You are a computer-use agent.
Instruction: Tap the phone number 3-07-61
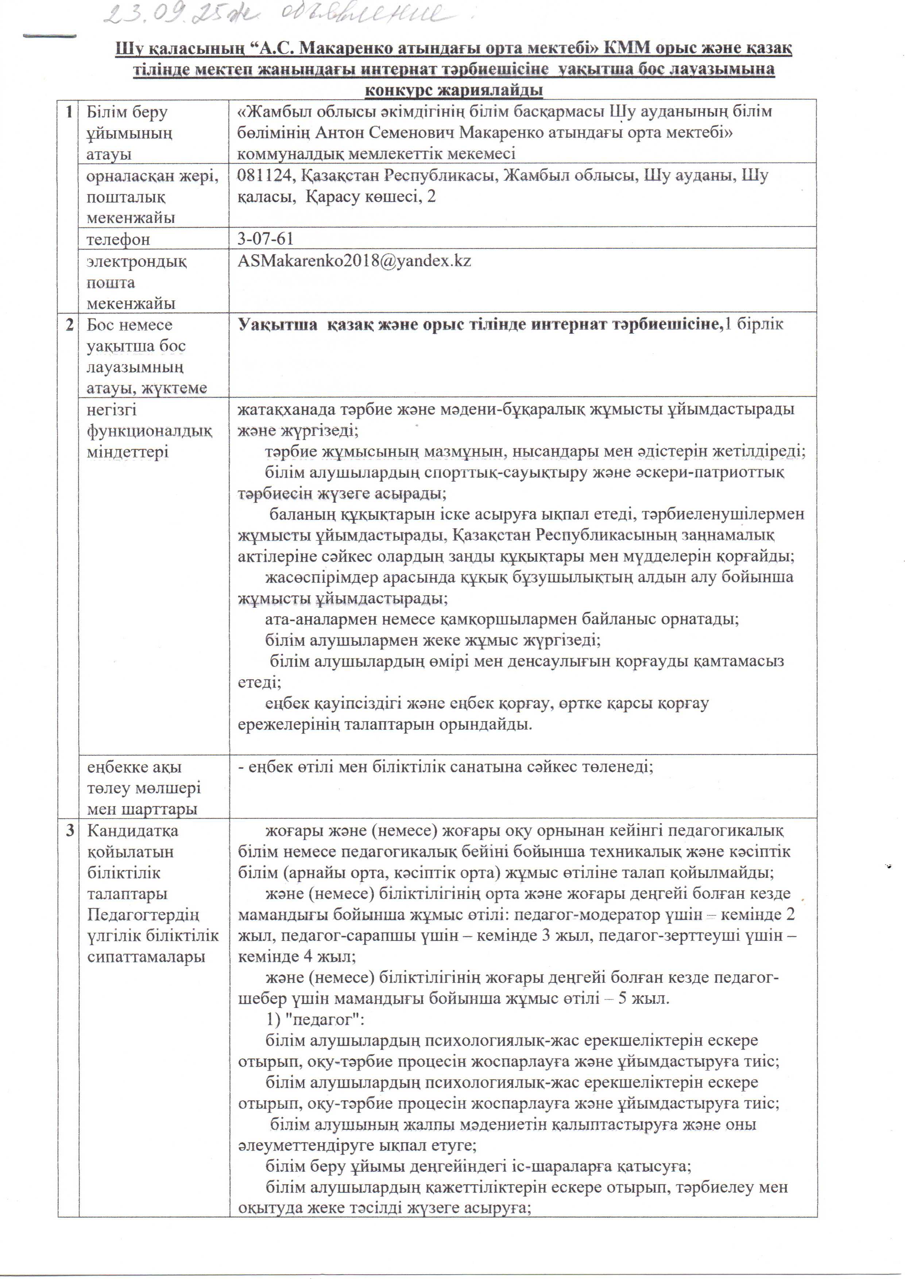(265, 239)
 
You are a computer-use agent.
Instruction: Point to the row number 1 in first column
(69, 112)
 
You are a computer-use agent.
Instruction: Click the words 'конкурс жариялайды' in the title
(454, 90)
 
